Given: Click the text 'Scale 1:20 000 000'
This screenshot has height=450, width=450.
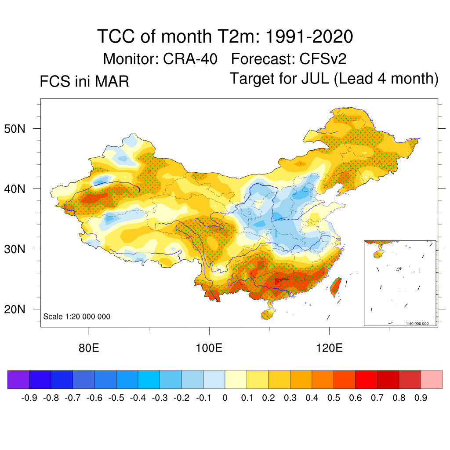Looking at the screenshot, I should (x=77, y=317).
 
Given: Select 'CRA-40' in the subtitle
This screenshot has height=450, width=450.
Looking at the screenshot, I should (x=190, y=58).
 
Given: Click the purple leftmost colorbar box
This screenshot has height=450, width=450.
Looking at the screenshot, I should (x=18, y=379).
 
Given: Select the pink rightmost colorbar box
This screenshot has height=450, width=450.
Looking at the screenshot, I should (x=432, y=379).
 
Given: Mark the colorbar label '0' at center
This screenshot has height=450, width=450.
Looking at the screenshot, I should (x=225, y=398).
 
